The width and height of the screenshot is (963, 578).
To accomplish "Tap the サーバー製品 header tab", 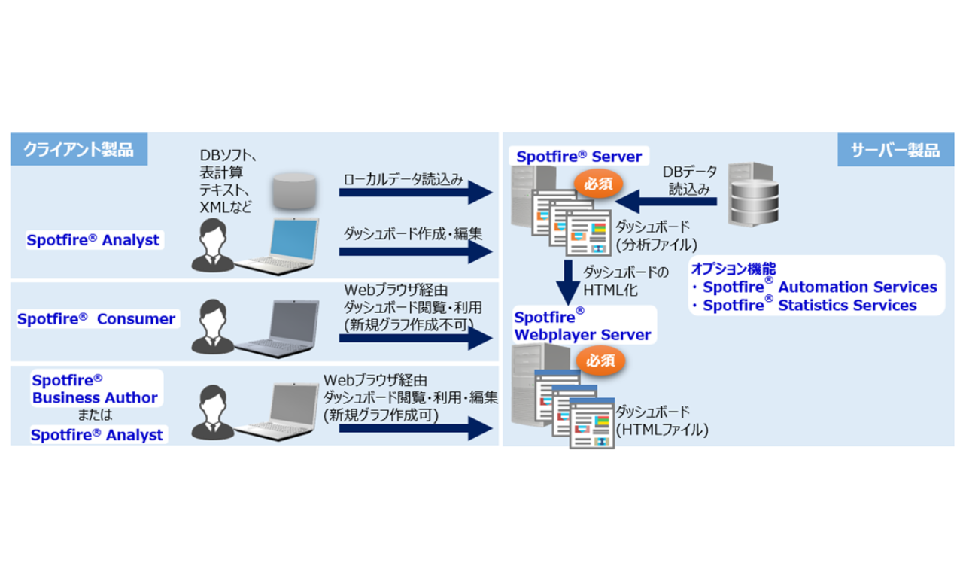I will pyautogui.click(x=895, y=149).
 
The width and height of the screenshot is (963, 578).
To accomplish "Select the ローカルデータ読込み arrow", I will pyautogui.click(x=415, y=193).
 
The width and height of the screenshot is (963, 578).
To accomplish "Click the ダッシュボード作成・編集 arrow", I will pyautogui.click(x=415, y=253).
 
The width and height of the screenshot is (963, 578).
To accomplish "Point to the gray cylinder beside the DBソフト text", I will pyautogui.click(x=293, y=191).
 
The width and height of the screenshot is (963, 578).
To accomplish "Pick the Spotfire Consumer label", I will pyautogui.click(x=96, y=319).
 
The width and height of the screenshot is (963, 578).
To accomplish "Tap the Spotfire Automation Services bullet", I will pyautogui.click(x=816, y=287).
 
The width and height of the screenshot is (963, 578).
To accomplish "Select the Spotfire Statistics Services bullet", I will pyautogui.click(x=805, y=306).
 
